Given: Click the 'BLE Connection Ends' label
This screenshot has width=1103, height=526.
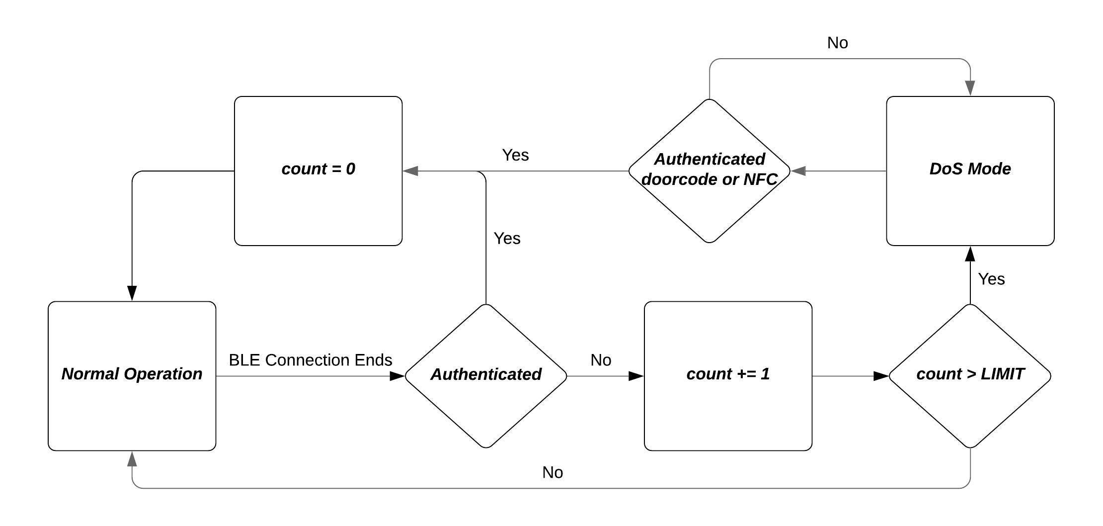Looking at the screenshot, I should [x=311, y=360].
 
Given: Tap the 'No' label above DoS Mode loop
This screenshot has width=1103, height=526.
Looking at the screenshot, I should [x=837, y=43].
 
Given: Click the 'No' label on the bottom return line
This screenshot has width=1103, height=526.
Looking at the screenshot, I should [x=552, y=472].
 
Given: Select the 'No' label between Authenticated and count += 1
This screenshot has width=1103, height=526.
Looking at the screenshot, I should [x=601, y=360].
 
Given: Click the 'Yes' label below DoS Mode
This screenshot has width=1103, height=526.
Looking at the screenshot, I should [x=991, y=279].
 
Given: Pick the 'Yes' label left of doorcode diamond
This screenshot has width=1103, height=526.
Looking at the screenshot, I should [x=515, y=155].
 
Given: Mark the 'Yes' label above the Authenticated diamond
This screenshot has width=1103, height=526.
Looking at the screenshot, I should [x=507, y=239].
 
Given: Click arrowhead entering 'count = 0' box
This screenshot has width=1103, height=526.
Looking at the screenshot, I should [x=410, y=171].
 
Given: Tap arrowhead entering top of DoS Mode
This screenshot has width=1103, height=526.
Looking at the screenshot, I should [x=970, y=88].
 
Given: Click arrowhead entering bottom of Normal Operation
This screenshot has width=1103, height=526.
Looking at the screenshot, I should [x=132, y=459].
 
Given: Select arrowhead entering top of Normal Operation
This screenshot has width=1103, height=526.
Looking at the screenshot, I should [x=132, y=293].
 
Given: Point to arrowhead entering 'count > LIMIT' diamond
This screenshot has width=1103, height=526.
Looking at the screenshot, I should [x=881, y=376].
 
